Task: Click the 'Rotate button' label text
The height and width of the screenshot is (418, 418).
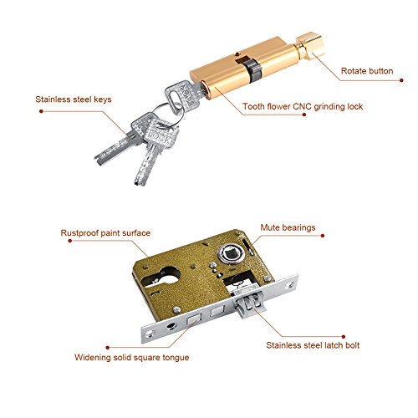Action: tap(367, 71)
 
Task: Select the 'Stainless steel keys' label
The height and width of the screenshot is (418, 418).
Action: tap(74, 99)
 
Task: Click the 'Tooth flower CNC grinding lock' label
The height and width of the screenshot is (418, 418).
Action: tap(303, 106)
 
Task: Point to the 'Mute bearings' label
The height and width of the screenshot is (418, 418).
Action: tap(288, 227)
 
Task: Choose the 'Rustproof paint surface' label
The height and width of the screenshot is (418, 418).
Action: tap(105, 233)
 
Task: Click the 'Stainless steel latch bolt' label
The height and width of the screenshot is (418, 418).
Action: tap(313, 345)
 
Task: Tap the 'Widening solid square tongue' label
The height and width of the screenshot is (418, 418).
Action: tap(131, 357)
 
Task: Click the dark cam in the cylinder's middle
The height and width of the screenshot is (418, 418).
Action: tap(253, 71)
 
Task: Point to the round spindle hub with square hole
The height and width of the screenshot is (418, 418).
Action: tap(231, 253)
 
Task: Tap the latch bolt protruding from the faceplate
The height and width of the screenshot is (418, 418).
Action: tap(248, 303)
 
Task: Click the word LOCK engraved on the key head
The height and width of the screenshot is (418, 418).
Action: tap(160, 135)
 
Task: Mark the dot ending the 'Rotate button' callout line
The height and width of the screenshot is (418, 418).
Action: tap(401, 80)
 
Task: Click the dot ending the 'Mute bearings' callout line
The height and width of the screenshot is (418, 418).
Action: tap(323, 236)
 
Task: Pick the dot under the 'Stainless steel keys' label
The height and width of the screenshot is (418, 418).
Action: tap(41, 111)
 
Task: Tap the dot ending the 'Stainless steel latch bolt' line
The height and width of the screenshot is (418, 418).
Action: tap(344, 337)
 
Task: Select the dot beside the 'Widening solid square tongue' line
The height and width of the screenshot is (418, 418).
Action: tap(108, 347)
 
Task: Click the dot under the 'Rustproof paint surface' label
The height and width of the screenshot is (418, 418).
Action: tap(70, 241)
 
